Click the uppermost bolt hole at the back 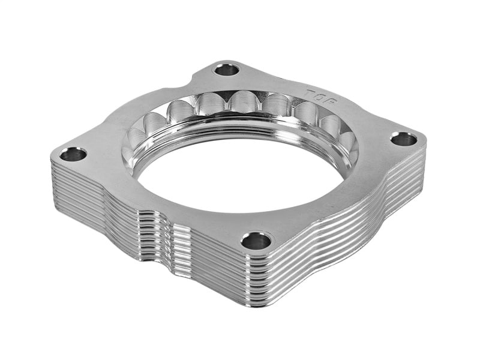[227, 70]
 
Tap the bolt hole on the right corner [403, 139]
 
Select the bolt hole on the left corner [73, 154]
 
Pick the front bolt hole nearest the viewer [256, 241]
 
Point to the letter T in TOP [310, 94]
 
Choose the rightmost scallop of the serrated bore [348, 142]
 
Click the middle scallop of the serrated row [243, 102]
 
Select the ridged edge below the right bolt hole [408, 174]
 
